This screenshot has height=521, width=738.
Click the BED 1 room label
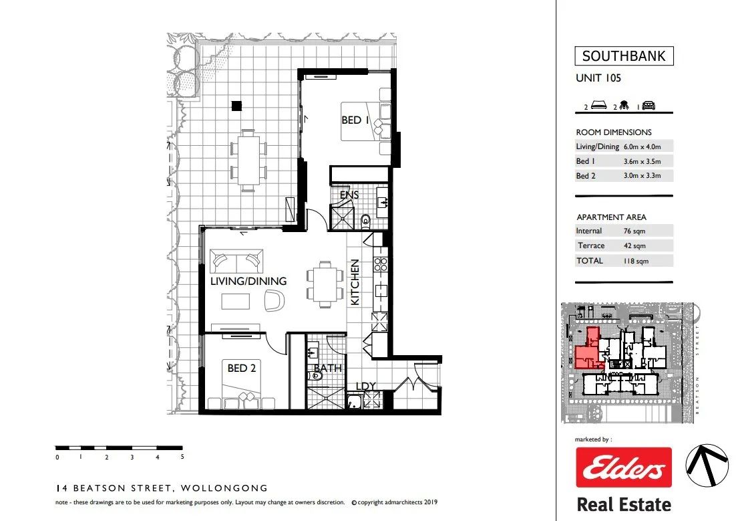[355, 120]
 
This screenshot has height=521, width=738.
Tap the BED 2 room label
[242, 368]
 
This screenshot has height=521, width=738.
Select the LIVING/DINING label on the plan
[248, 281]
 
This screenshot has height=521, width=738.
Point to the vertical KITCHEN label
[355, 282]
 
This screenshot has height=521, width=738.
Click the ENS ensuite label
[349, 194]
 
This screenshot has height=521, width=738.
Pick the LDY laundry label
[366, 386]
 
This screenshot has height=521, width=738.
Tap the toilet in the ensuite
[366, 220]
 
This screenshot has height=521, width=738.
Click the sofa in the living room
[236, 261]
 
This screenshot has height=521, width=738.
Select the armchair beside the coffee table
[274, 300]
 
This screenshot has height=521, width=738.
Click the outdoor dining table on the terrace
[248, 161]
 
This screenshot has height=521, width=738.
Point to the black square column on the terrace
[236, 106]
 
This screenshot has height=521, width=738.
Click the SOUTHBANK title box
[624, 56]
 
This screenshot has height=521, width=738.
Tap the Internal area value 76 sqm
[634, 231]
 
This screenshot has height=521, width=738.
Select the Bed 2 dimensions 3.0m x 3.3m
[642, 175]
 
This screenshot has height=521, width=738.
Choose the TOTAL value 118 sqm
[636, 261]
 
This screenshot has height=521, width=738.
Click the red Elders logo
[624, 467]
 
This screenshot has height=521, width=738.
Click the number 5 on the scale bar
[182, 457]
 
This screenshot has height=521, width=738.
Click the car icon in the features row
[649, 106]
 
